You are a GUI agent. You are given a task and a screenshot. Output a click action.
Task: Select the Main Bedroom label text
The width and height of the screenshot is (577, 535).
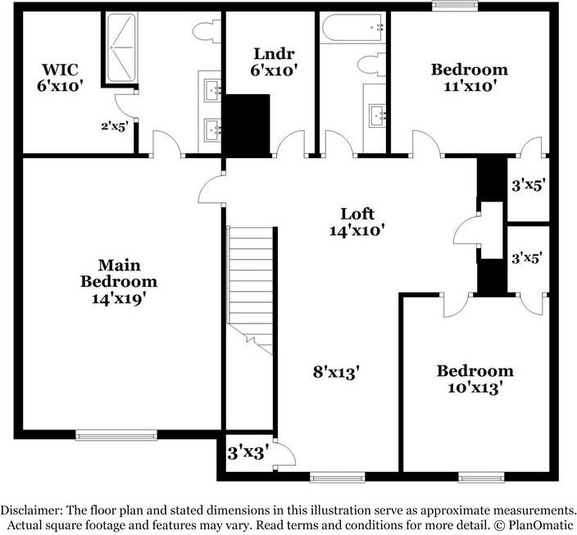point(119,273)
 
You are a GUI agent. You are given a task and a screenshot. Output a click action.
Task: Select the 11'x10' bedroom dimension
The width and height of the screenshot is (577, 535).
point(469,85)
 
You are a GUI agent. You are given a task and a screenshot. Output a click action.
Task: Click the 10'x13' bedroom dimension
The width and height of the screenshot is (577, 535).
point(475,387)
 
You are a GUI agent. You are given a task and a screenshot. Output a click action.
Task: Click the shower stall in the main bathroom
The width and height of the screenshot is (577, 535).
point(120,47)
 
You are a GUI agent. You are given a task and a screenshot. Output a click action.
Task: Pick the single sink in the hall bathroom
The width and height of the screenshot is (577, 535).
point(378,114)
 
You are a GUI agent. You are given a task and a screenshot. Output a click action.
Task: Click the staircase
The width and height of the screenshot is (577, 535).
point(249,287)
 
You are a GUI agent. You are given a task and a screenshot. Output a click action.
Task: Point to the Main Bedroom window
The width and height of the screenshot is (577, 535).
point(116,435)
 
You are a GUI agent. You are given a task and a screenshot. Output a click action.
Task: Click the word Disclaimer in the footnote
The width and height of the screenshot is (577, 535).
point(32,509)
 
